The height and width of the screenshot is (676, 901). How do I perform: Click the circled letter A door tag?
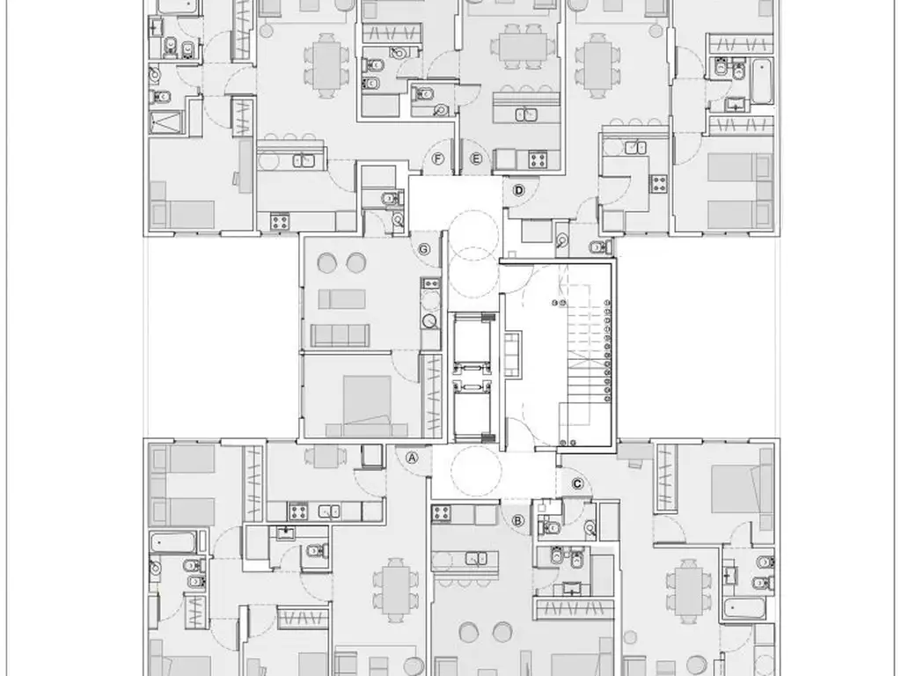coord(412,458)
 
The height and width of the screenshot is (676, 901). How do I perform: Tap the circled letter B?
coord(517,521)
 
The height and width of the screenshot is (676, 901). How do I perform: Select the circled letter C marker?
coord(577,484)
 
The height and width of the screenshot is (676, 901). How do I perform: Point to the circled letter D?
coord(519,190)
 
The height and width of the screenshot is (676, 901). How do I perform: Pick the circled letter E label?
coord(476,158)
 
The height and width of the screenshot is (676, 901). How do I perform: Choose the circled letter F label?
coord(438,158)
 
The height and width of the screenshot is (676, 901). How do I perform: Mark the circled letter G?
coord(423,249)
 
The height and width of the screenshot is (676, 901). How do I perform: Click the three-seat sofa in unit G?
coord(340,335)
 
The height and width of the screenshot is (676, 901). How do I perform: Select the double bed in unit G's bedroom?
coord(367,405)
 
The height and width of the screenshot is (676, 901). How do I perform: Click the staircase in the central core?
coord(589,356)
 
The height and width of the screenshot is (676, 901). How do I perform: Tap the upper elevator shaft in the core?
coord(472,339)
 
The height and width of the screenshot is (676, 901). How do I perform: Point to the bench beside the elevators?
coord(513,354)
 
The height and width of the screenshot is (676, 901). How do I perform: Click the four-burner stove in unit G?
coord(430,283)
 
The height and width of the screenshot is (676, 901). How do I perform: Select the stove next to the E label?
coord(538,159)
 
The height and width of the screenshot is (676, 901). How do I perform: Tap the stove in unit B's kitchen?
coord(442,513)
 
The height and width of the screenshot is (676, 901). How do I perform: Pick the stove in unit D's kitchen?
coord(658,184)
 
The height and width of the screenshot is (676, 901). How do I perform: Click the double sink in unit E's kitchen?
coord(526,114)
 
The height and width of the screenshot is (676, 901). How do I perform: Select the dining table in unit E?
coord(524,47)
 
